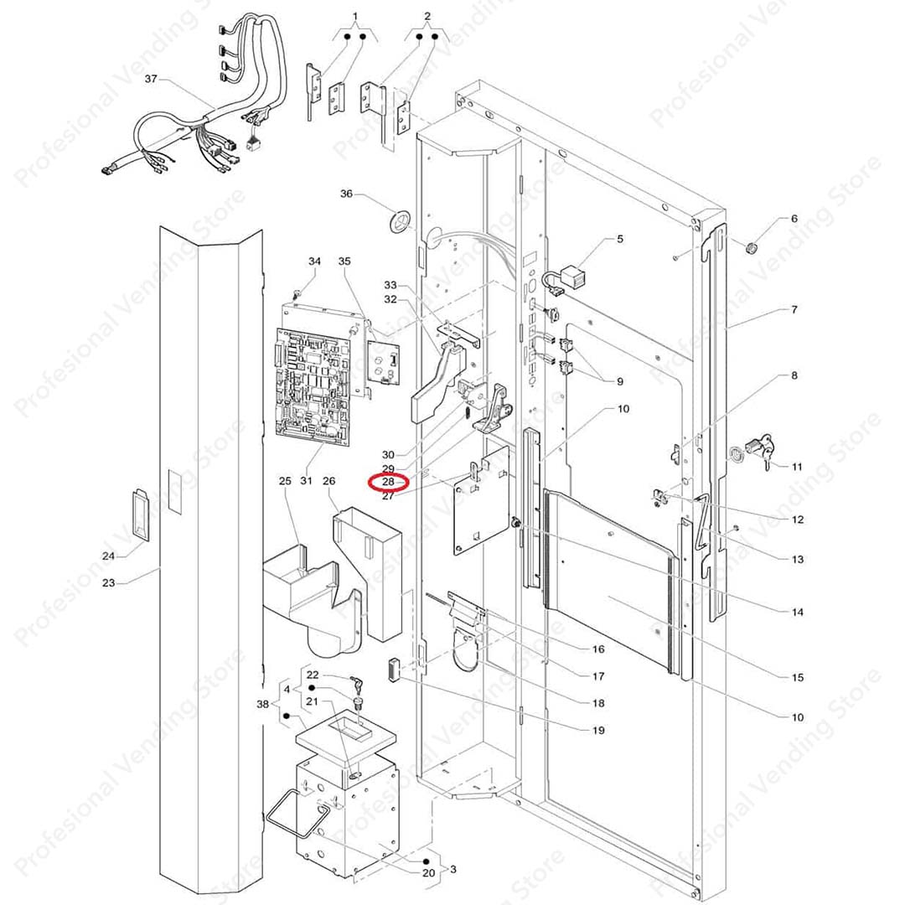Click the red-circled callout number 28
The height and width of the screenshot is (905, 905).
pos(389,481)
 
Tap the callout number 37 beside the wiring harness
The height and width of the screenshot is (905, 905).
pos(151,79)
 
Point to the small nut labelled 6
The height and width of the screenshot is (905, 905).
pos(751,248)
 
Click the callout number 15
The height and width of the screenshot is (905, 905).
pos(797,677)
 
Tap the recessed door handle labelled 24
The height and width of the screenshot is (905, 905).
pos(140,515)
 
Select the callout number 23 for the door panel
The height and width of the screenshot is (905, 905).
pos(108,583)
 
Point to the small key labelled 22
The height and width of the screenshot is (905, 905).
pos(357,684)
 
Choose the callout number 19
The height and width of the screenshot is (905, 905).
pos(598,730)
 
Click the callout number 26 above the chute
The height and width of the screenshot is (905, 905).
pos(329,481)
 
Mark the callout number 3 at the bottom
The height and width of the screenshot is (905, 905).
pos(453,869)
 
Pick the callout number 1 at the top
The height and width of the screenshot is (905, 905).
pos(355,16)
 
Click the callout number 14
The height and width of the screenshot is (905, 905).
pos(797,612)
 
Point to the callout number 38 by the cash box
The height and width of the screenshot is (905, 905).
pos(262,704)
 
